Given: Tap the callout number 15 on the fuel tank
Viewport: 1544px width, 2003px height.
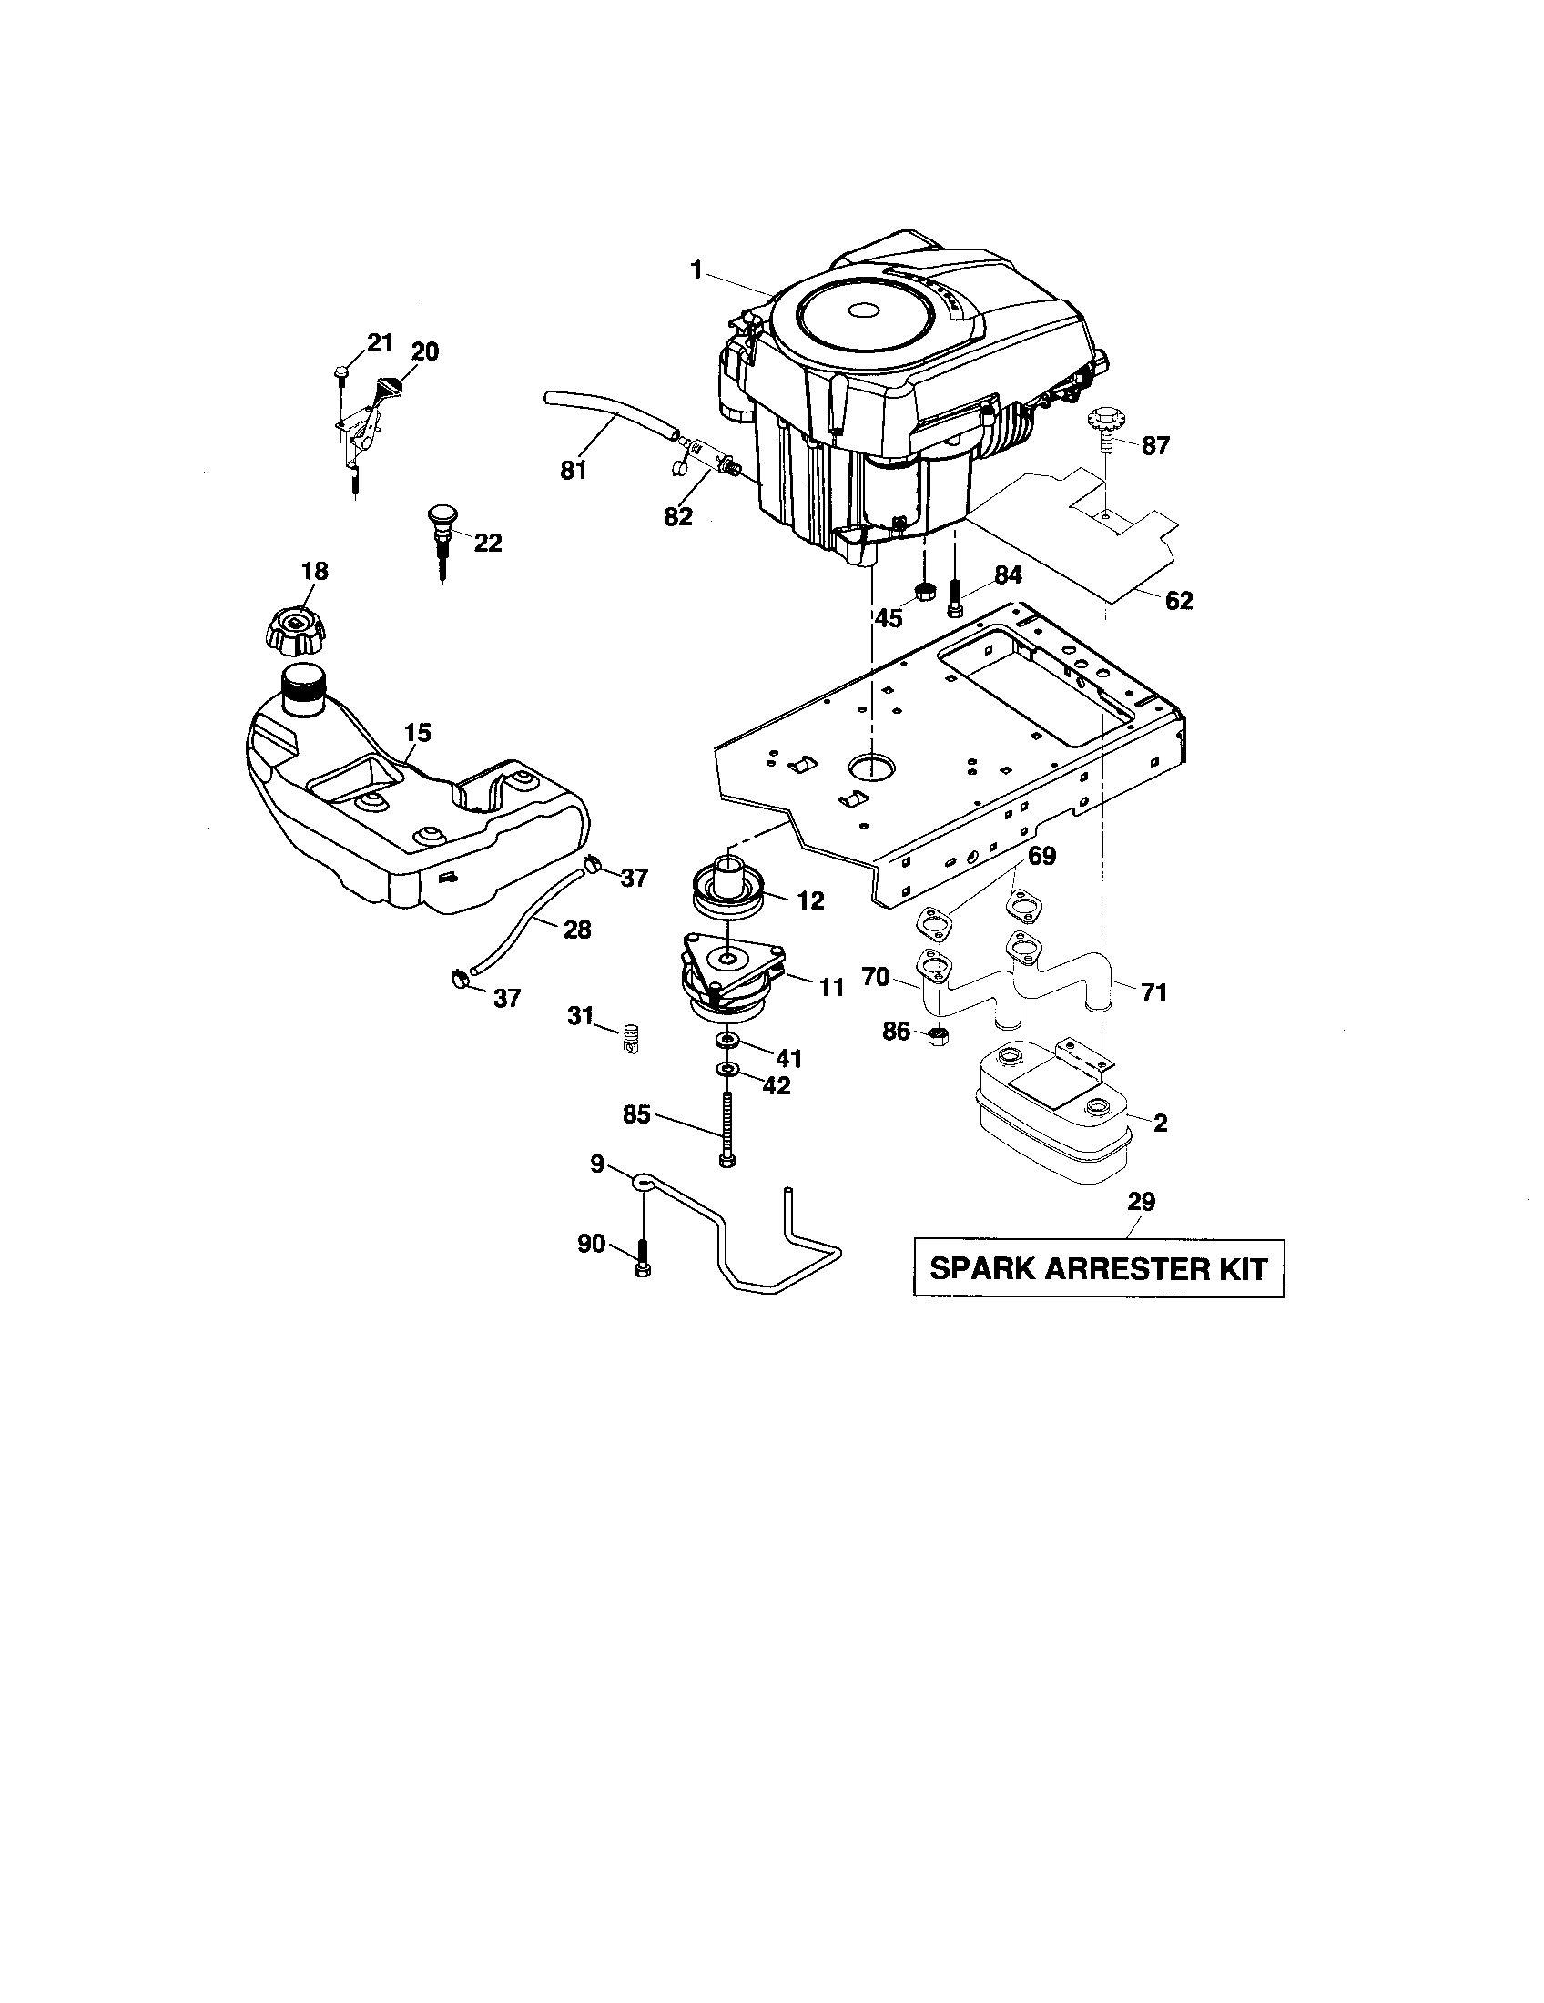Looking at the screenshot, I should point(417,732).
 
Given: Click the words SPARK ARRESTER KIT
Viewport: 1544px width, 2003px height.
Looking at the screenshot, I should point(1098,1269).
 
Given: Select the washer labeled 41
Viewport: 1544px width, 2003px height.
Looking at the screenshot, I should point(729,1040).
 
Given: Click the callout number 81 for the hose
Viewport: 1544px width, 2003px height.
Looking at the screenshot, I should point(573,471).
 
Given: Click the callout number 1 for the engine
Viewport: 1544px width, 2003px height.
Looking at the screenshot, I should point(696,269).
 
